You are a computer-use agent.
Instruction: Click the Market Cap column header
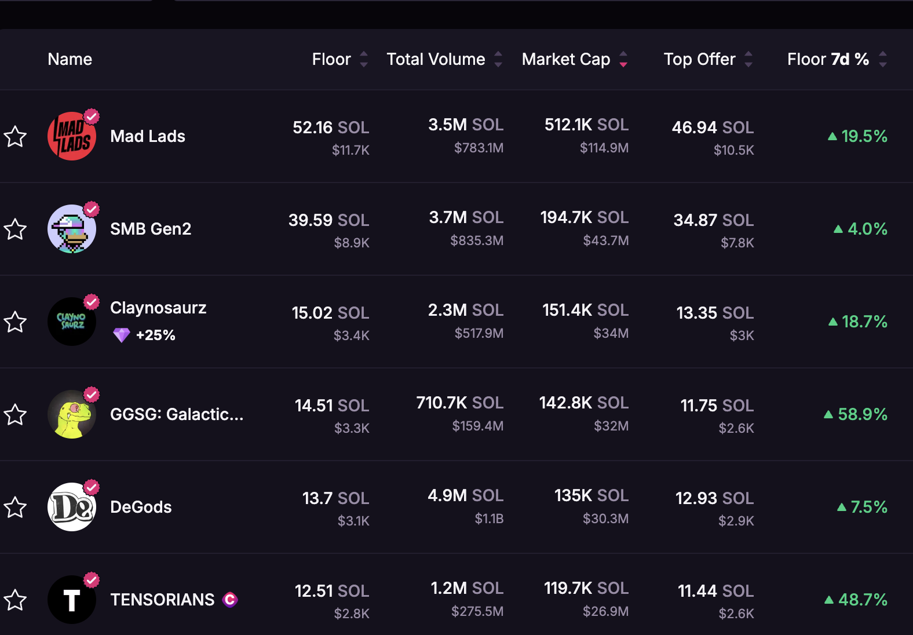(565, 59)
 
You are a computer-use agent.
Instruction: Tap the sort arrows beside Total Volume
(498, 59)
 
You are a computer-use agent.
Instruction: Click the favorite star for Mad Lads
(15, 137)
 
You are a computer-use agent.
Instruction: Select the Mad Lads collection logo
(72, 136)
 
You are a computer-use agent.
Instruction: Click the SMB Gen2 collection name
(151, 229)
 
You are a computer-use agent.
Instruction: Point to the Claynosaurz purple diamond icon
(122, 335)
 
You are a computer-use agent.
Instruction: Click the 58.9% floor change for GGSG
(862, 414)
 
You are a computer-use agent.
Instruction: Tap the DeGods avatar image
(72, 507)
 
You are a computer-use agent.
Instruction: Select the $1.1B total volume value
(489, 519)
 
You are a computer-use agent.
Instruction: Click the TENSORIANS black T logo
(72, 600)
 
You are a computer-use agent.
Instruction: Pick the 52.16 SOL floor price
(330, 127)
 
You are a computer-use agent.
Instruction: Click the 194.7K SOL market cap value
(584, 217)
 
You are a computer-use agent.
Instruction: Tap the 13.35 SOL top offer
(715, 313)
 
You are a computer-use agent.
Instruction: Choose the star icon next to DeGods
(15, 508)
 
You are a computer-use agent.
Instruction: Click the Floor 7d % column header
(828, 59)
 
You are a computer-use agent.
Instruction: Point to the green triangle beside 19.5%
(832, 137)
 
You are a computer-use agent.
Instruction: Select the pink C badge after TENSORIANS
(230, 600)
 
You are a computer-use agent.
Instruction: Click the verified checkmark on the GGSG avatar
(92, 395)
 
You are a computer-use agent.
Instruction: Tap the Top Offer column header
(699, 59)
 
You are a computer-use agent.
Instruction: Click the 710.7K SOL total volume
(459, 403)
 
